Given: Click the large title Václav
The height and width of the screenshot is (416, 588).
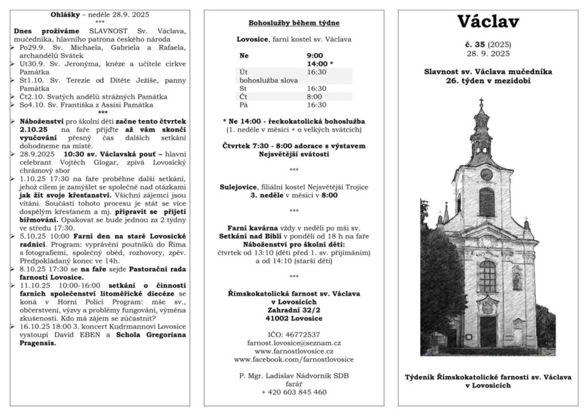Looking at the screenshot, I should coord(488,22).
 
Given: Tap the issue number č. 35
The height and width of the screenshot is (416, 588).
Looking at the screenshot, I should coord(475,44).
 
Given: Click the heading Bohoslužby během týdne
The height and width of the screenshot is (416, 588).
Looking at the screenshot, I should coord(293,24).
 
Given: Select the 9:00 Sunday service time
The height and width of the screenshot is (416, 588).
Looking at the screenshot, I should coord(315,56).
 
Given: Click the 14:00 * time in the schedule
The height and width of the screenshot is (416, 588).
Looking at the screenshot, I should coord(320,64).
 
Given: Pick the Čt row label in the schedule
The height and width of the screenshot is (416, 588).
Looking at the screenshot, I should coord(243,97).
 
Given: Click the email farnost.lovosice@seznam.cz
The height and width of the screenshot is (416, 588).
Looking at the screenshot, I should coord(293,342).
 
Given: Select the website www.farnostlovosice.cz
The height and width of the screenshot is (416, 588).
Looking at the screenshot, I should coord(293,350).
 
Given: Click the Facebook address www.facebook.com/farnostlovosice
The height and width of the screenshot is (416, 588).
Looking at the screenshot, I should coord(293,359).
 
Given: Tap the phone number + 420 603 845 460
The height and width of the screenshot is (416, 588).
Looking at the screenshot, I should coord(293,392).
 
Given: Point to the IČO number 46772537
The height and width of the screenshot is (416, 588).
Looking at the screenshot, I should coord(293,334).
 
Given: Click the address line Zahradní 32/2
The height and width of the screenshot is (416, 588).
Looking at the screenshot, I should coord(293,309).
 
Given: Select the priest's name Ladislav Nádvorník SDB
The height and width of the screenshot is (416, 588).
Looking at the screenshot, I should coord(305,376).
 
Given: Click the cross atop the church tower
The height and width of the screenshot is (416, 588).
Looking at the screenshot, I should coord(481,102).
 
